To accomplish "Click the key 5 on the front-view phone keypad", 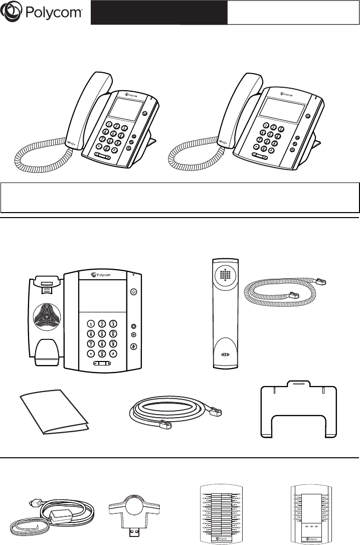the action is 102,334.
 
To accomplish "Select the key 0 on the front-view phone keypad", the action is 102,354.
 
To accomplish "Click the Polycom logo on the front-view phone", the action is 102,275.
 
